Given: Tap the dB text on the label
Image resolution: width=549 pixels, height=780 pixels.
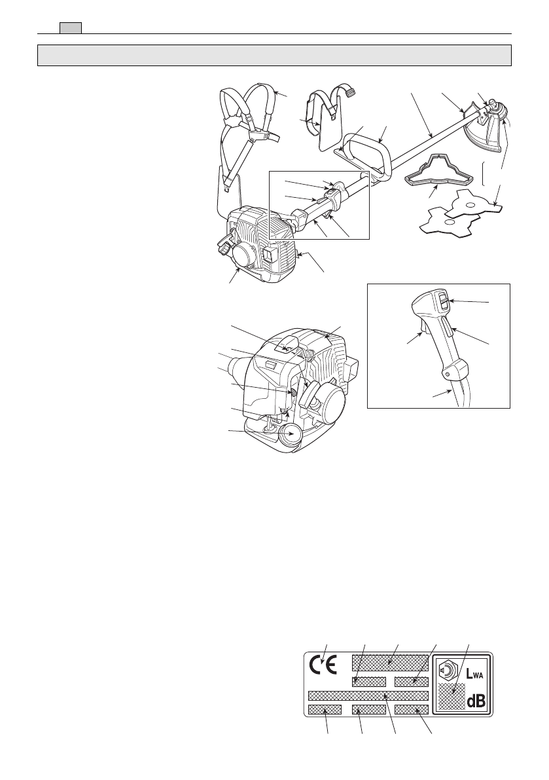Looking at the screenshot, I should coord(476,701).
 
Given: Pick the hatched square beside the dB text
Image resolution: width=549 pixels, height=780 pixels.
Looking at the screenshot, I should coord(452,697).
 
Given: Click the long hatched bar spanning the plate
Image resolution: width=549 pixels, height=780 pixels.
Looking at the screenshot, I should coord(368,696).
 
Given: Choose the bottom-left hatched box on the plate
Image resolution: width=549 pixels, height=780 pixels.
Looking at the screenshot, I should coord(325,709).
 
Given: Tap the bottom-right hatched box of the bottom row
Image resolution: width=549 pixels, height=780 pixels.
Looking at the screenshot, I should coord(411,709).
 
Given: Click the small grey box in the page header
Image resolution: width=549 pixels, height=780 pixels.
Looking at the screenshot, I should coord(70,28).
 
